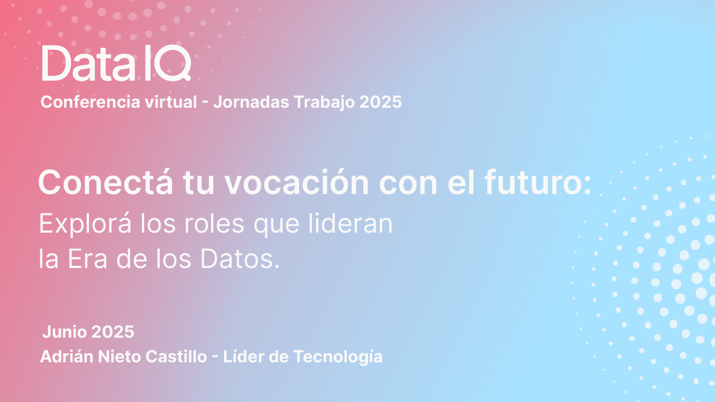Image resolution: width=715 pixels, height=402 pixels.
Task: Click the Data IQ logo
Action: [x=116, y=63]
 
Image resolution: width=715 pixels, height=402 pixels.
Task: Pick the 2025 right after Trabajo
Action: [x=381, y=102]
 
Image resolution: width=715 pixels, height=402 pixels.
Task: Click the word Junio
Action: [x=64, y=332]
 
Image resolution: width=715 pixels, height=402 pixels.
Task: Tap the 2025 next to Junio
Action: [x=113, y=332]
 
